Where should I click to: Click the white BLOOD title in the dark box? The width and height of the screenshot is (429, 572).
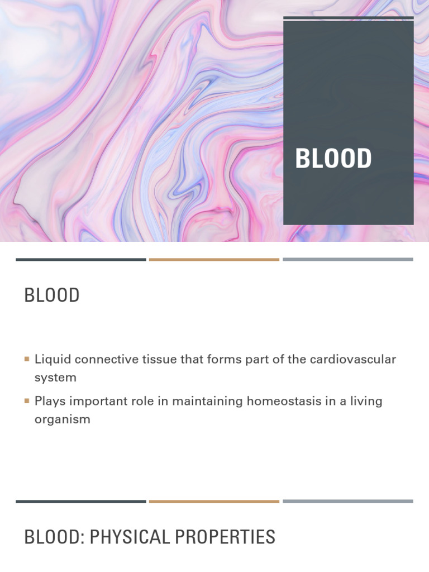pyautogui.click(x=333, y=158)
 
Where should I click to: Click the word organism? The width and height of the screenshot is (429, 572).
pyautogui.click(x=62, y=419)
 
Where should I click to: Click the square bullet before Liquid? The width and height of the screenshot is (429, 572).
pyautogui.click(x=27, y=359)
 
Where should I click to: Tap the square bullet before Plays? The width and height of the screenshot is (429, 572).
pyautogui.click(x=27, y=401)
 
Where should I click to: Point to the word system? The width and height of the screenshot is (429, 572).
pyautogui.click(x=55, y=377)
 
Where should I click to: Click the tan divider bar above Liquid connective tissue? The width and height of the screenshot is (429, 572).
pyautogui.click(x=214, y=260)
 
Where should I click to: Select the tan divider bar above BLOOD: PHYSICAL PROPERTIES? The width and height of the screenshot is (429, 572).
pyautogui.click(x=214, y=501)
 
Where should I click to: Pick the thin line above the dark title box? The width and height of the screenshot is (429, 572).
pyautogui.click(x=349, y=18)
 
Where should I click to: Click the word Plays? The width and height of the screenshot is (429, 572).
pyautogui.click(x=49, y=401)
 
